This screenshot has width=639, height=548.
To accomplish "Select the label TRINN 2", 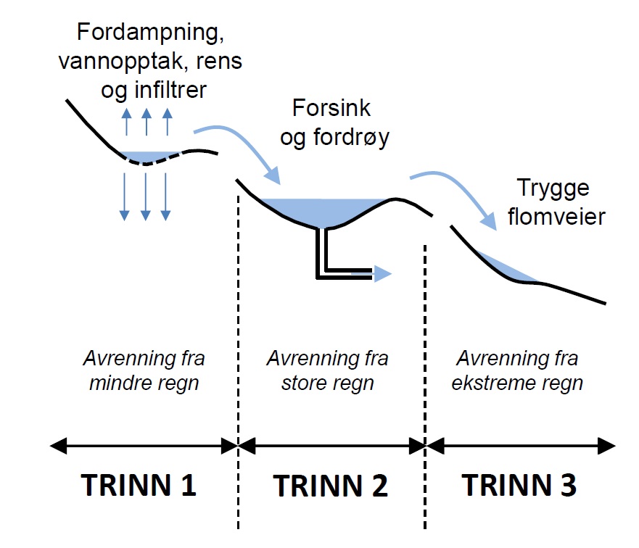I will pyautogui.click(x=331, y=485).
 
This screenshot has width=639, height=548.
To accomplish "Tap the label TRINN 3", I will pyautogui.click(x=520, y=485).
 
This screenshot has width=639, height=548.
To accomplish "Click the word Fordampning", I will pyautogui.click(x=146, y=33).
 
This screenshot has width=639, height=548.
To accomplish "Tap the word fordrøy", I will pyautogui.click(x=356, y=138).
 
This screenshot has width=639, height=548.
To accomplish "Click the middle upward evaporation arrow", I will pyautogui.click(x=147, y=122).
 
